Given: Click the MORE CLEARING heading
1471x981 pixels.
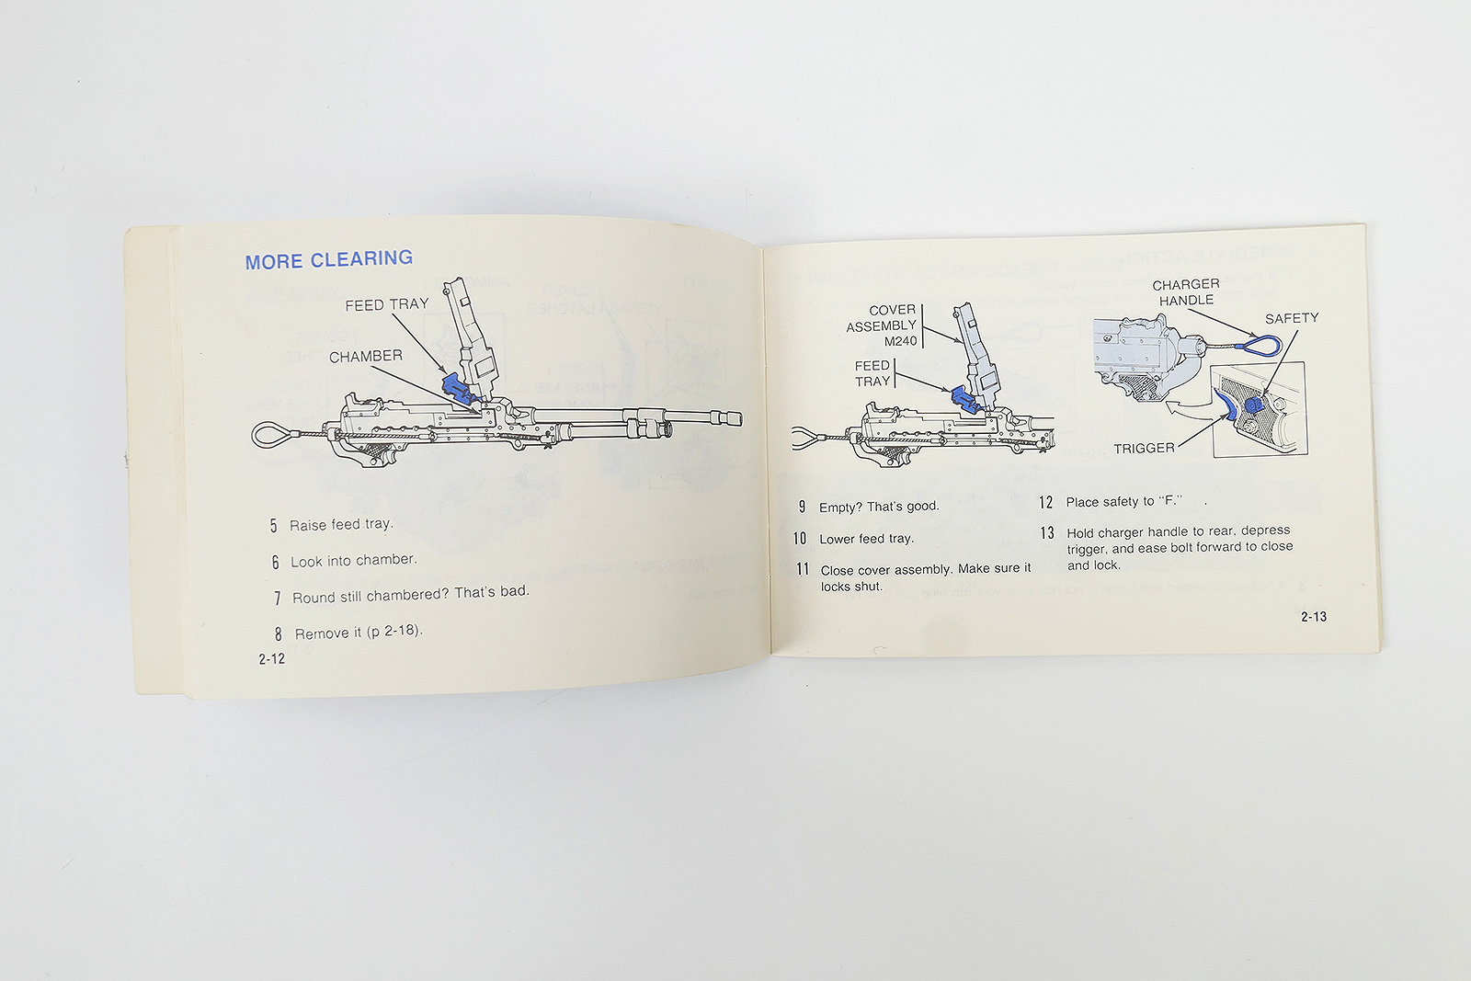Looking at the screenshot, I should point(328,260).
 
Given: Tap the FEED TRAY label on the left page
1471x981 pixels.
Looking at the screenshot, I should point(386,304).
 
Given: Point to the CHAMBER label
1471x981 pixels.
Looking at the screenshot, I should point(365,356).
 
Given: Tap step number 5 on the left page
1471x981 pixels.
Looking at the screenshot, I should point(273,526).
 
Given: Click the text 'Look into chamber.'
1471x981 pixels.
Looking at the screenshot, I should point(353,560).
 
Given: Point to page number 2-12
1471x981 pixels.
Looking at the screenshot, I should point(271,658).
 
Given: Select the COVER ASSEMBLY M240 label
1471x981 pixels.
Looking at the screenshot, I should point(882,325).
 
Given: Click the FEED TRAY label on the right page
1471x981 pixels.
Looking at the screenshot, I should point(872,373).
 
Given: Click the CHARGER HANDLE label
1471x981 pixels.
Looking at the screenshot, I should point(1186,292).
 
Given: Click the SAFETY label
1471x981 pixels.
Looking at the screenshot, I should point(1291,318).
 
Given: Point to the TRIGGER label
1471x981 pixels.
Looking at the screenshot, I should point(1144,449).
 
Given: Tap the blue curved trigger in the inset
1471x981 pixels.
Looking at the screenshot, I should point(1226,405).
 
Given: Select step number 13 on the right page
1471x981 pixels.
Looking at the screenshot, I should point(1046,532).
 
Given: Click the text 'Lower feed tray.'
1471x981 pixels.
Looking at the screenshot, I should point(866,539).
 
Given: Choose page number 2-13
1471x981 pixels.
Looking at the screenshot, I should point(1313,617).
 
